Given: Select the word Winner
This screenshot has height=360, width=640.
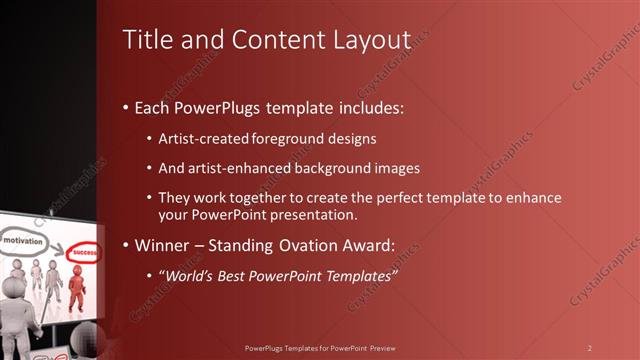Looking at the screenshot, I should tap(162, 245).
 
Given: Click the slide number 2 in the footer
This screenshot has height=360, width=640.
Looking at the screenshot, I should tap(590, 348).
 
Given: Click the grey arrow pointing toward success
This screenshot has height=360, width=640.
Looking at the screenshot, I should tap(56, 246).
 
